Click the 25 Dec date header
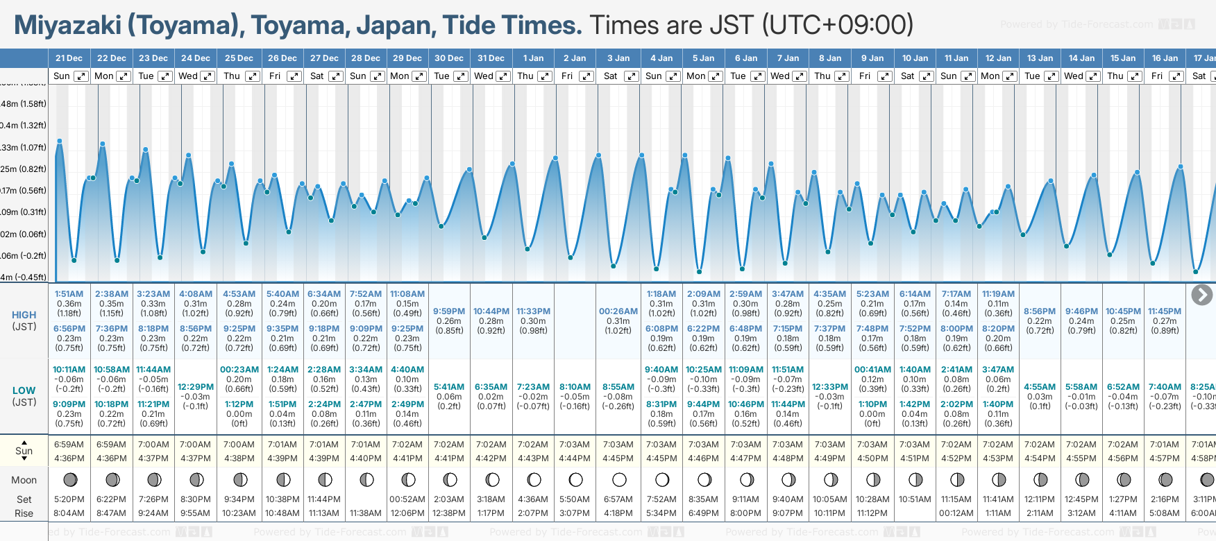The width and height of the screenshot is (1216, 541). click(239, 58)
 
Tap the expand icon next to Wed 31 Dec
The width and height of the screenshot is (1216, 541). click(503, 76)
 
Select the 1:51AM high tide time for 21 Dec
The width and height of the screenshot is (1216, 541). click(69, 294)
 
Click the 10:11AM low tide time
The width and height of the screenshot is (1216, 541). click(69, 370)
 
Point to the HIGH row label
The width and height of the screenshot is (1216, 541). click(24, 315)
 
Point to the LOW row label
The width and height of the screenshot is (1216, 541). click(24, 390)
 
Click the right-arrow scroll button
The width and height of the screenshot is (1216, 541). click(1201, 295)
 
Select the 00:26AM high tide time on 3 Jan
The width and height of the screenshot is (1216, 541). click(618, 311)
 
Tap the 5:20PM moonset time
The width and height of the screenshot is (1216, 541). click(69, 499)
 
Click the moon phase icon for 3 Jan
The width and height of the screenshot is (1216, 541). click(619, 479)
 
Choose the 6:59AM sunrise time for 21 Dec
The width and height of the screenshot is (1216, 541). click(69, 445)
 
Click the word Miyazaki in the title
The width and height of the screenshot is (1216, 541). click(67, 26)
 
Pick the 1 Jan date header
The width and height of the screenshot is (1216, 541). click(533, 58)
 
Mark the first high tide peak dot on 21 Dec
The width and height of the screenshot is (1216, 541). click(60, 141)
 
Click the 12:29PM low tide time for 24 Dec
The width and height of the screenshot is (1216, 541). click(196, 387)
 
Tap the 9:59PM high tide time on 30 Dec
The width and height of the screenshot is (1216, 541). click(449, 311)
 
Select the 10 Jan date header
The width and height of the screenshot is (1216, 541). click(915, 58)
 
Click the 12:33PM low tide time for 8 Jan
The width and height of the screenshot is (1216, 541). click(830, 387)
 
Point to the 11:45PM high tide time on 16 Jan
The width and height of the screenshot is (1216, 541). click(1164, 311)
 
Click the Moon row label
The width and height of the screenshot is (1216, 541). click(24, 480)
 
